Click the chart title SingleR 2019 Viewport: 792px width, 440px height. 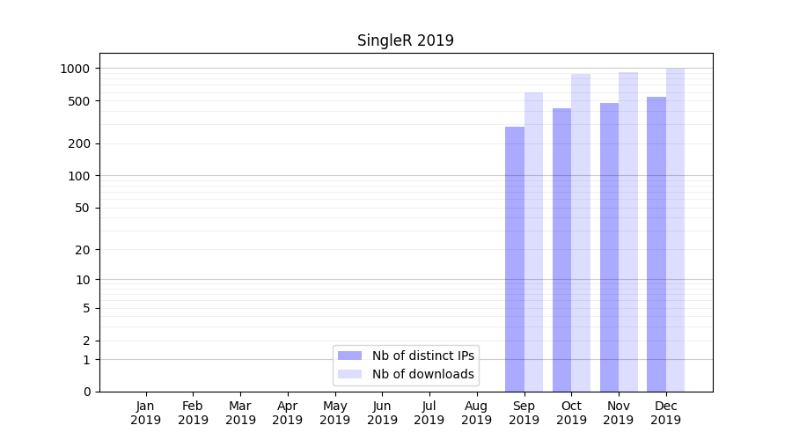(405, 40)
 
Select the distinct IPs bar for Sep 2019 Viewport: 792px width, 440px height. (515, 260)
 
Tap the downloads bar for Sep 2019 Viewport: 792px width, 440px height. (533, 242)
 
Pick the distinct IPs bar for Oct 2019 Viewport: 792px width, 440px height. (561, 250)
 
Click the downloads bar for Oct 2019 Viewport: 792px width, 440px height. (581, 233)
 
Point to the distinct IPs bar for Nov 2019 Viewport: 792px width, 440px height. (609, 247)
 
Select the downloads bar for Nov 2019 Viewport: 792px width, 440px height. (628, 232)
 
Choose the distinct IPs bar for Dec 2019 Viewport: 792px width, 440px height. (656, 245)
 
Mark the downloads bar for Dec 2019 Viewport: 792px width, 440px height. (675, 230)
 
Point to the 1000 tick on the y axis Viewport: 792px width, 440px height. (77, 69)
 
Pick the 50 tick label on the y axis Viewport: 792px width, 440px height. (83, 209)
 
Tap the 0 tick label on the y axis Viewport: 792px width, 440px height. (86, 392)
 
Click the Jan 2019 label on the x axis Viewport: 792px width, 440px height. (146, 413)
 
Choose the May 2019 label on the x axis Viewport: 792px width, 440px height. (334, 413)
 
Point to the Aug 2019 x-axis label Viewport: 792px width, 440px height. (476, 413)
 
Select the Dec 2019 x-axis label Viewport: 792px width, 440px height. (665, 413)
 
